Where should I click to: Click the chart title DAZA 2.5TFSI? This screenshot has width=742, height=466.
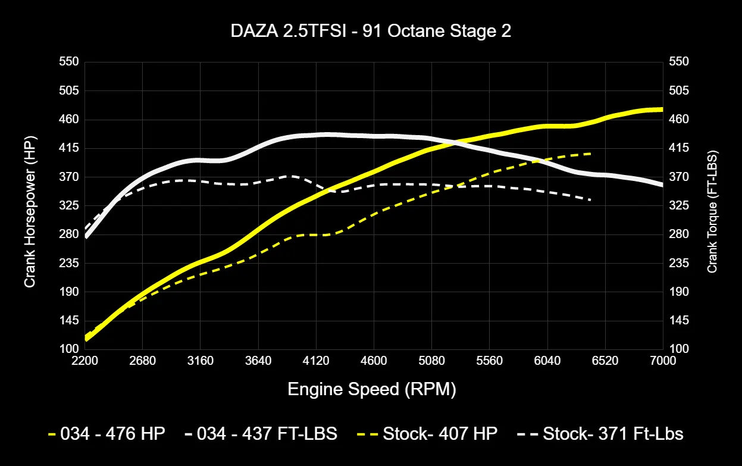click(371, 32)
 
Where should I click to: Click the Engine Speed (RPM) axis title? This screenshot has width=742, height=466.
click(372, 389)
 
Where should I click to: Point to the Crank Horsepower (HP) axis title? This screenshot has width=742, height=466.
click(30, 205)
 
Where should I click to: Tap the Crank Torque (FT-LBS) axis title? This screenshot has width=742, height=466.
click(712, 205)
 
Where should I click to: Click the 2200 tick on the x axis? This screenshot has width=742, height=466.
click(84, 361)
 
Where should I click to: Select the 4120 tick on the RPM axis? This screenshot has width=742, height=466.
click(316, 361)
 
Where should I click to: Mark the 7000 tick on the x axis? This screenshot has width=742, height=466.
click(663, 361)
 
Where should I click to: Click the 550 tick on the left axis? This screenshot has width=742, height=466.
click(69, 62)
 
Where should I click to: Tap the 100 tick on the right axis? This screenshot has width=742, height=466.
click(679, 349)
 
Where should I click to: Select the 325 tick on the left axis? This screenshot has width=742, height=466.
click(69, 206)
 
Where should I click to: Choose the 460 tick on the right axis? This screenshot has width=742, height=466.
click(679, 120)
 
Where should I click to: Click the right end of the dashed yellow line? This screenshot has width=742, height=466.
click(590, 154)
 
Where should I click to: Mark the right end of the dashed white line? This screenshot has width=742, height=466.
click(590, 200)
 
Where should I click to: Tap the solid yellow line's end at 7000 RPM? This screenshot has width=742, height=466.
click(662, 110)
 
